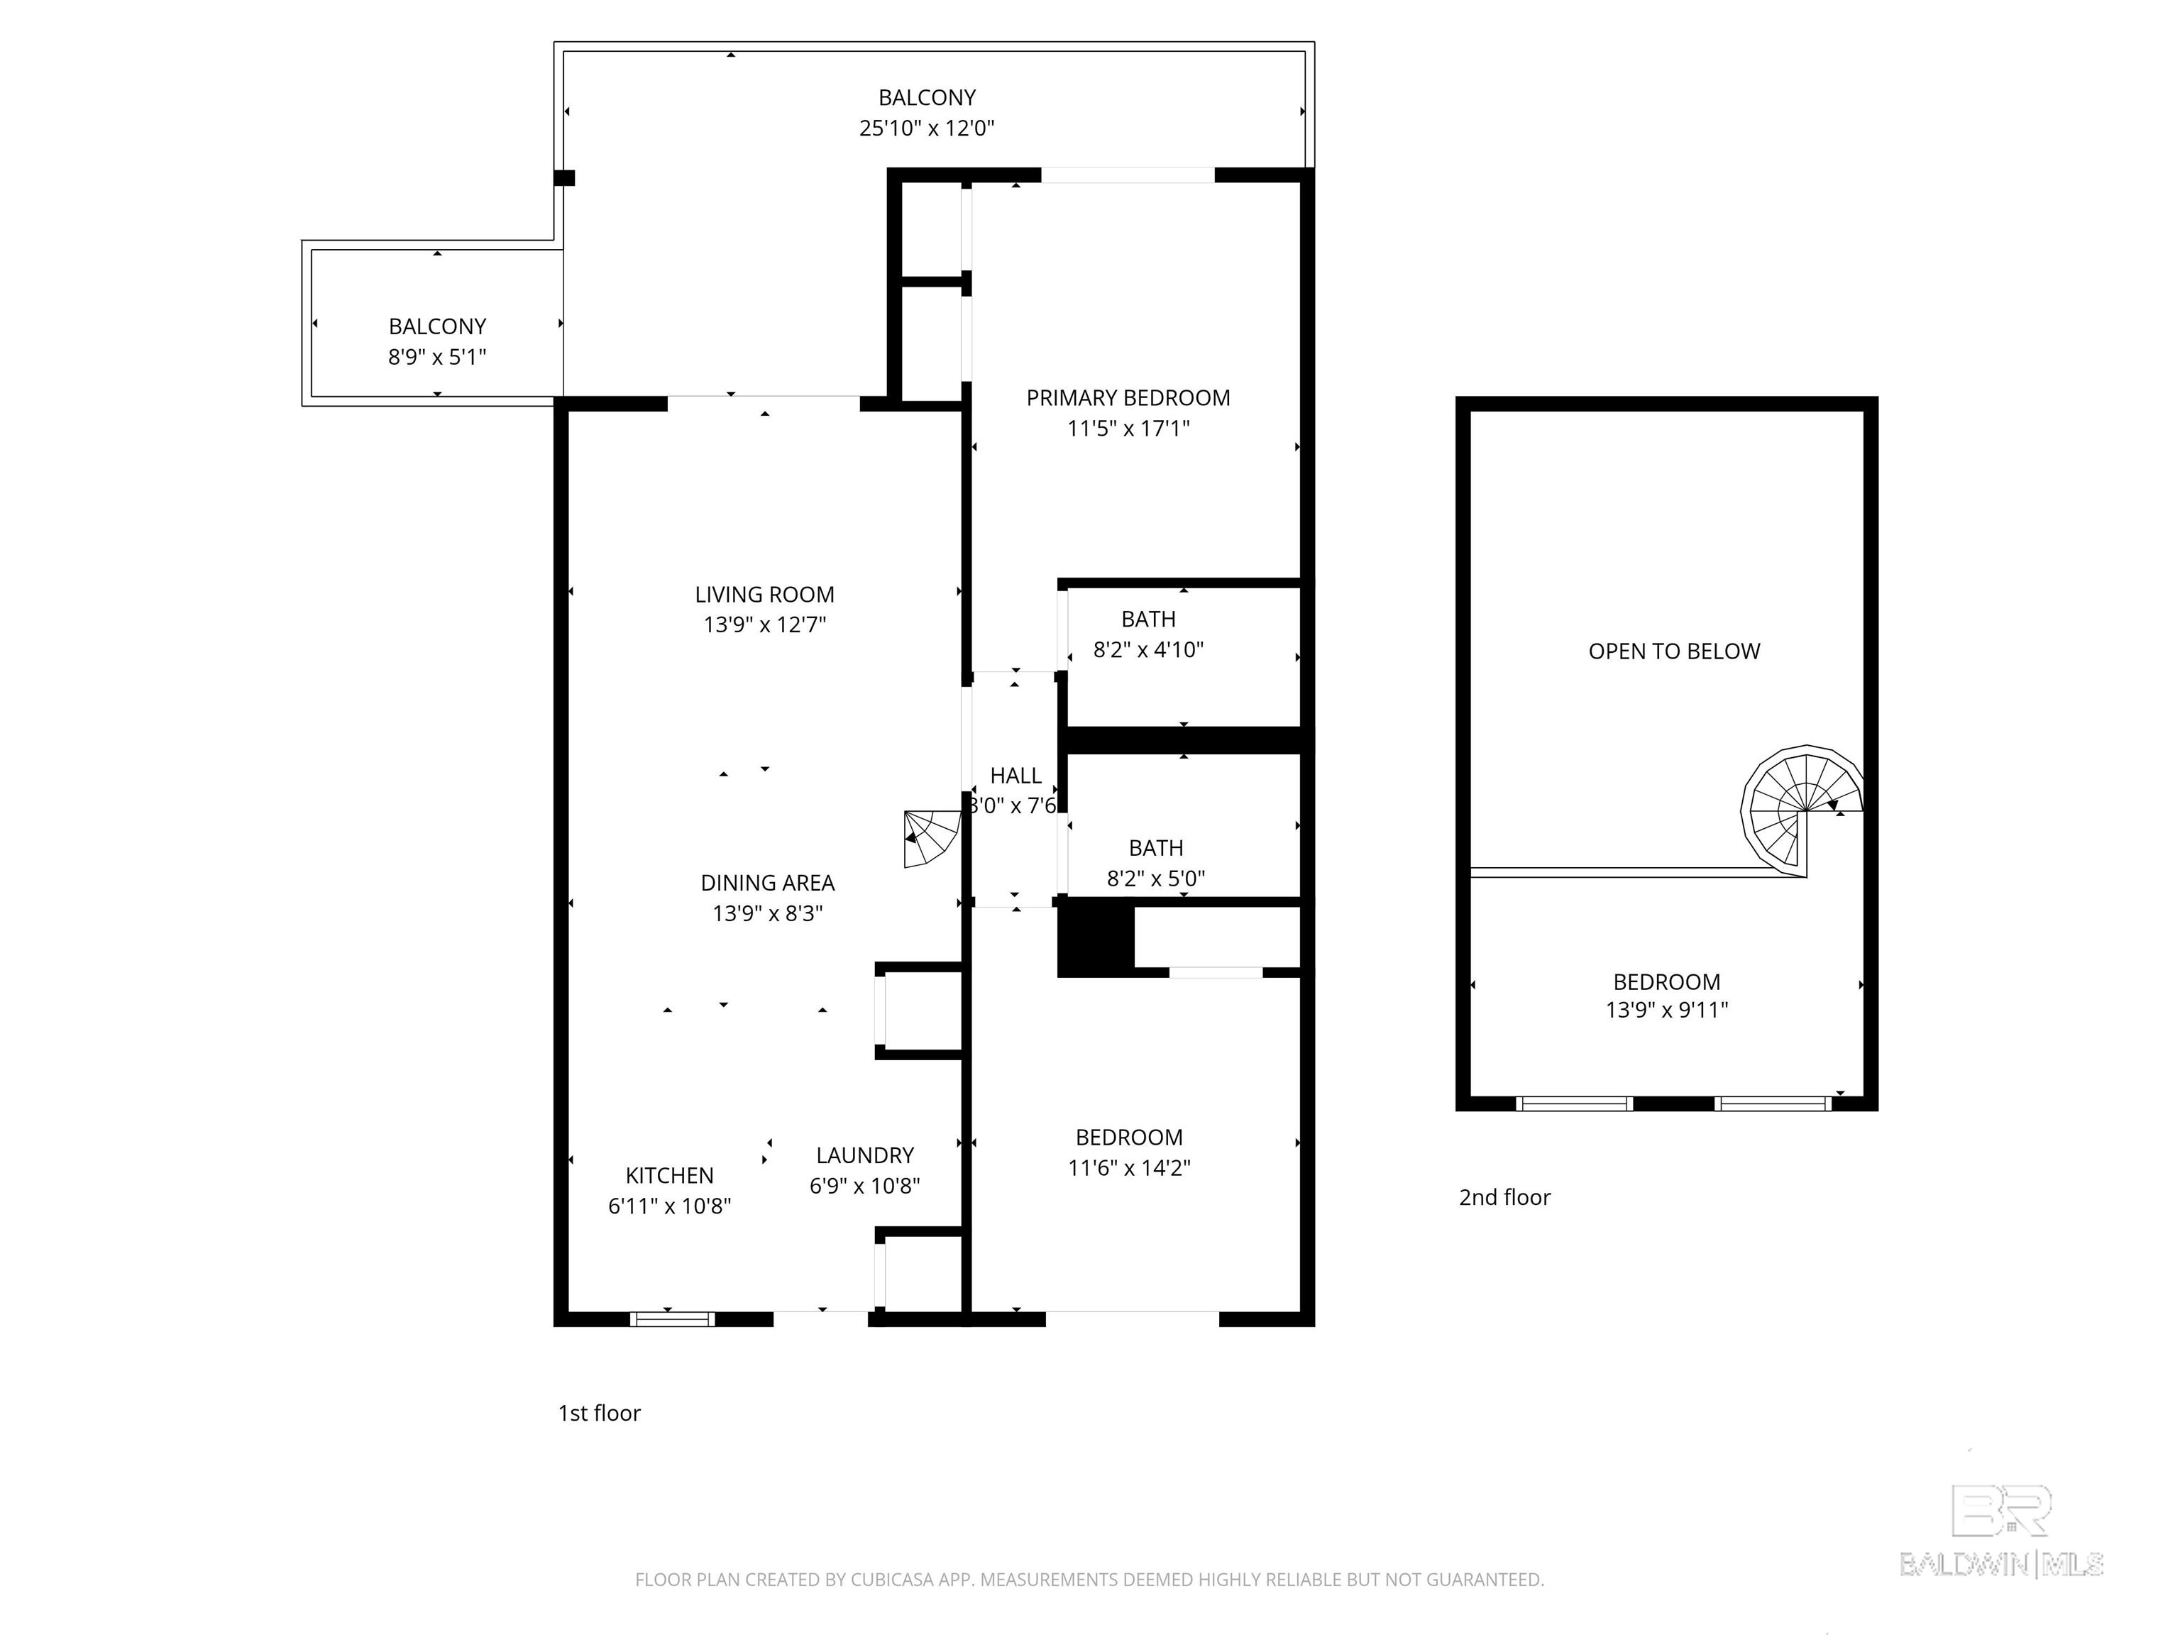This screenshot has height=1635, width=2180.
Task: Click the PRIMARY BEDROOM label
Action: tap(1128, 397)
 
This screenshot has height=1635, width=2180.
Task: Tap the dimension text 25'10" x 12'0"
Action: tap(926, 128)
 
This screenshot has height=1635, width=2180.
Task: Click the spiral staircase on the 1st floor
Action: tap(930, 839)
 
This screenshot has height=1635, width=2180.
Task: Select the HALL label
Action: tap(1015, 776)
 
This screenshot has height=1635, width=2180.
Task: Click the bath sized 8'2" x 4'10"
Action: tap(1148, 634)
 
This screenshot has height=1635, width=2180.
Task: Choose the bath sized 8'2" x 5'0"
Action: tap(1155, 862)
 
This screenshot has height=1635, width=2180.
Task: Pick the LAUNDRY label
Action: tap(864, 1155)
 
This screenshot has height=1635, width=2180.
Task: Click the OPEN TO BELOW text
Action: tap(1673, 651)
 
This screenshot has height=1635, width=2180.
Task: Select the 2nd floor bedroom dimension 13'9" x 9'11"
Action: tap(1666, 1011)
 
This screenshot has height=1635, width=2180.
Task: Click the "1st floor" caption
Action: tap(599, 1414)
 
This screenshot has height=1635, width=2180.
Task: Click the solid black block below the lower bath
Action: tap(1094, 940)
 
